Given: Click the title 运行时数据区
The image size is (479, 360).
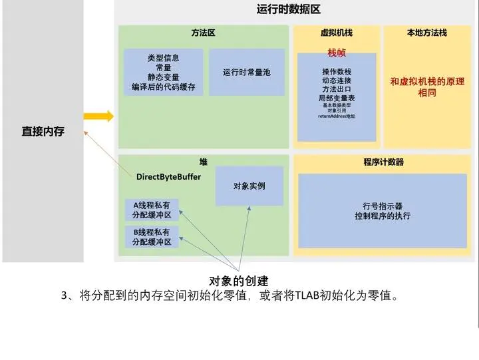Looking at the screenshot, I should click(289, 9).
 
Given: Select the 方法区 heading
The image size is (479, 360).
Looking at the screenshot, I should click(203, 33).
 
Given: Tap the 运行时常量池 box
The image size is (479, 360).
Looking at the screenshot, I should click(246, 72).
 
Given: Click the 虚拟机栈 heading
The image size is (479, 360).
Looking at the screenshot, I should click(336, 33).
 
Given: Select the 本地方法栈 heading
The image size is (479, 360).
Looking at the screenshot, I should click(427, 33).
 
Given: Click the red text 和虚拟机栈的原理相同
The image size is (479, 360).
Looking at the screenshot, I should click(427, 87).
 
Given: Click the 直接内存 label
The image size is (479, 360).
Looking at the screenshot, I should click(43, 132).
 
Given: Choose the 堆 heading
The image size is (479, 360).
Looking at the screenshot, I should click(203, 162).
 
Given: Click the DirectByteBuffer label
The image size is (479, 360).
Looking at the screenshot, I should click(168, 176).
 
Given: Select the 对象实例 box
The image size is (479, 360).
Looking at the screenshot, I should click(249, 186).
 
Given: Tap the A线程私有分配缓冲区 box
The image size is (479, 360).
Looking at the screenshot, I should click(152, 210).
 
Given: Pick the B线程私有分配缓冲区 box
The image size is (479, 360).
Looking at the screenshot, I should click(152, 237).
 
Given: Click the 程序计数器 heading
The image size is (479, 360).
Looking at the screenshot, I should click(383, 162).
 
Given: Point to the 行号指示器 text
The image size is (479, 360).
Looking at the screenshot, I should click(383, 206).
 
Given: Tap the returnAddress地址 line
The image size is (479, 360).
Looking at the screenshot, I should click(337, 116).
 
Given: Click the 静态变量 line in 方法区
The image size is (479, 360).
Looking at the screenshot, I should click(163, 77).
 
